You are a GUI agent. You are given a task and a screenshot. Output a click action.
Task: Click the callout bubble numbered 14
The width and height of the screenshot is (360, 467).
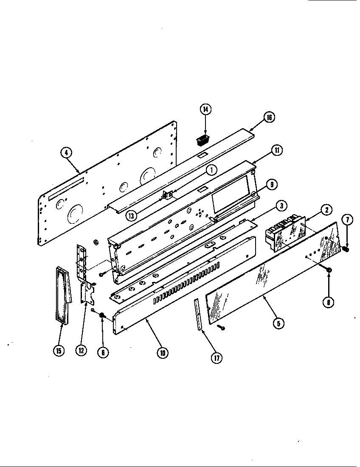tap(205, 109)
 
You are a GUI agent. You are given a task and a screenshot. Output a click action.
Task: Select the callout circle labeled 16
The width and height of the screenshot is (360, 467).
tap(269, 118)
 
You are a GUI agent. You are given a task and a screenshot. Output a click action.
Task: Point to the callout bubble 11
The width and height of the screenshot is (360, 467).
tap(276, 150)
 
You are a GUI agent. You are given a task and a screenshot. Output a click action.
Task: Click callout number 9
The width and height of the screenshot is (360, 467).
tap(271, 184)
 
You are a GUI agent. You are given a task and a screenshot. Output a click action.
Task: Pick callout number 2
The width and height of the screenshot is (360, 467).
tap(326, 209)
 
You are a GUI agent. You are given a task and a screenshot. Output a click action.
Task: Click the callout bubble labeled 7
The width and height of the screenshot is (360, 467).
tap(347, 220)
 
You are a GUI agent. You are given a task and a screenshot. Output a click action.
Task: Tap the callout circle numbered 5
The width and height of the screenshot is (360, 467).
tap(278, 323)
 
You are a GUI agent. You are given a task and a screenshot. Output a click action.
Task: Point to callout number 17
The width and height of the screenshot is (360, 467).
tap(217, 358)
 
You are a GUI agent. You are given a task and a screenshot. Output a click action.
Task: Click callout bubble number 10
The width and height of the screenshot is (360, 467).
tap(162, 352)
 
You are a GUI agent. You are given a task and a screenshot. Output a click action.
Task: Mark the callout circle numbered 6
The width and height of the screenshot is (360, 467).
tap(102, 352)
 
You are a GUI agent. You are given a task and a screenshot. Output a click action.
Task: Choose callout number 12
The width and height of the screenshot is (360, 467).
tap(81, 350)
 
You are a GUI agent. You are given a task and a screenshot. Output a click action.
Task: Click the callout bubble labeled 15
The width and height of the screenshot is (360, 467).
tap(59, 351)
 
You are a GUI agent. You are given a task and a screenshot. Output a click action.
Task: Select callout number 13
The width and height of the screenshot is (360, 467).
tap(132, 215)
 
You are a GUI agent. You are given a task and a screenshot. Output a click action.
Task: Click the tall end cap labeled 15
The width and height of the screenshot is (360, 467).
tap(62, 295)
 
